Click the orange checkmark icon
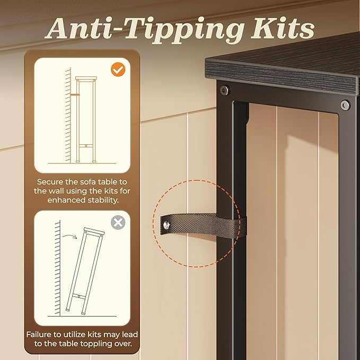point(118,69)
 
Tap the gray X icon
point(118,222)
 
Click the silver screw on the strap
point(166,225)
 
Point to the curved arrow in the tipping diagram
point(70,236)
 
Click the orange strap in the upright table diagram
point(75,94)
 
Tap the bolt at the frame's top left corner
point(224,90)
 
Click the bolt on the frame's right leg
point(345,105)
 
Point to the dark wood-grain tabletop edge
point(281,77)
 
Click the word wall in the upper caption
point(54,191)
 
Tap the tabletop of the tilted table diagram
point(94,231)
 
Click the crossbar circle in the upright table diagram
point(86,146)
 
